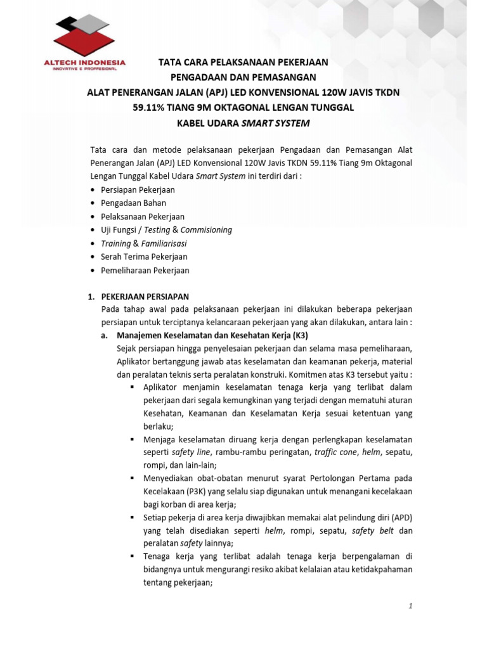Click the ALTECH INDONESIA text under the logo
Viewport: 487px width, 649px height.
(84, 63)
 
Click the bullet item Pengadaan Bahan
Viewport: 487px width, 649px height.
(133, 203)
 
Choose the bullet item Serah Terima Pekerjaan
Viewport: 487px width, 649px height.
(144, 257)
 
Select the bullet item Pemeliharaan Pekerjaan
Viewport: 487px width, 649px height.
(145, 270)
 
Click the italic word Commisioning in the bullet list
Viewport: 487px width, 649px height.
(207, 229)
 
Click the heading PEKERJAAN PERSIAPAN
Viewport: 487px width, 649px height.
(145, 296)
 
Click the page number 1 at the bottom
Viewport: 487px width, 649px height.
(410, 606)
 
